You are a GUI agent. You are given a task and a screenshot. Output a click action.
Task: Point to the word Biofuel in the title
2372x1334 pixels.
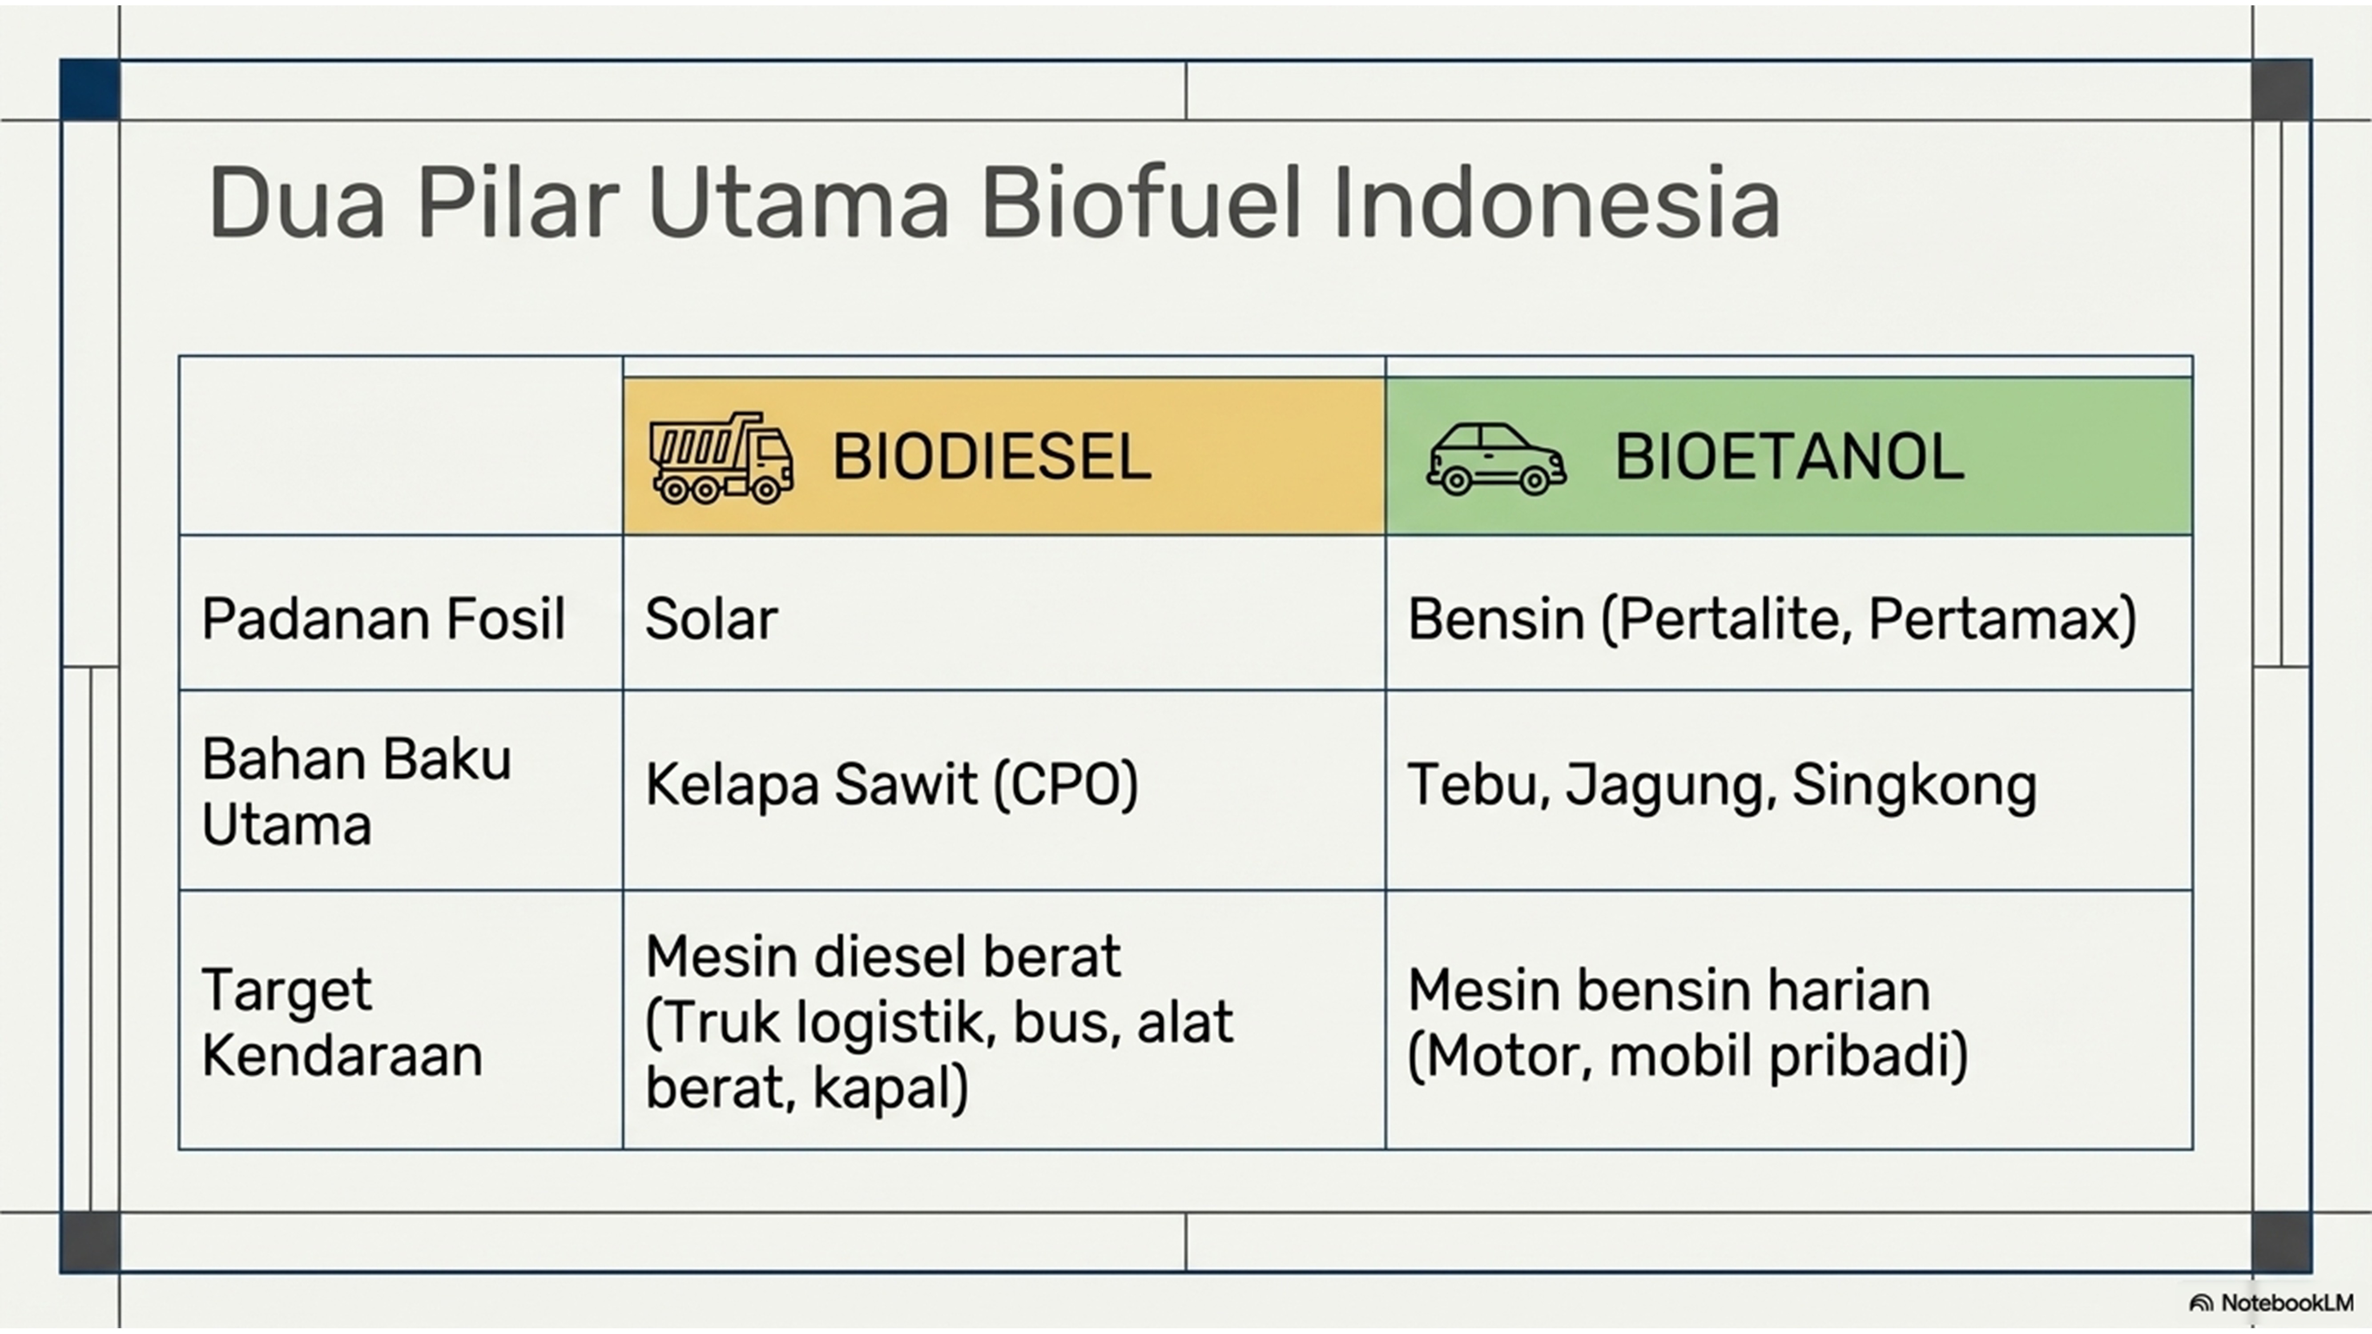[1142, 202]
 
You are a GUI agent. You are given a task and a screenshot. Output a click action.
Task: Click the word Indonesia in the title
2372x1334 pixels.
[1556, 202]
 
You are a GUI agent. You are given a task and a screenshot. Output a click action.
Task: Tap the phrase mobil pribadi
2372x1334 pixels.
[1788, 1055]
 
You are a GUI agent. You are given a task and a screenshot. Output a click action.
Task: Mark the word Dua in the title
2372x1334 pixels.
[297, 202]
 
